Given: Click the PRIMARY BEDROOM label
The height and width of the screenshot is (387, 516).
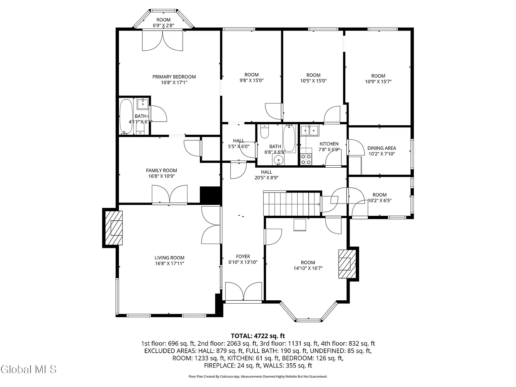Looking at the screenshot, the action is tap(174, 77).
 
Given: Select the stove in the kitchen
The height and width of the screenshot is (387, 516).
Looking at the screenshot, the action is tap(306, 159).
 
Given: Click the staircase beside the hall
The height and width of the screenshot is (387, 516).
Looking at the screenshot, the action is tap(292, 203).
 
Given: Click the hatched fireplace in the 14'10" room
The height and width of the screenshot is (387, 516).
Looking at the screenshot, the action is tap(347, 264).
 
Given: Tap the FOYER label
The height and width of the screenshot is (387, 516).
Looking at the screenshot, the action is tap(243, 257).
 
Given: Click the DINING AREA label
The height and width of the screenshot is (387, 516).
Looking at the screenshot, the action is tap(382, 148).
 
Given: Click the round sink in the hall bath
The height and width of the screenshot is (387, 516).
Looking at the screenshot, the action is tap(278, 160).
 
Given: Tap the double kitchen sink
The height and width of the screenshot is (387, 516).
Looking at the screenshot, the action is tap(310, 131).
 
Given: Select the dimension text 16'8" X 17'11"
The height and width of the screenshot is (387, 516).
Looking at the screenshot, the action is tap(169, 263).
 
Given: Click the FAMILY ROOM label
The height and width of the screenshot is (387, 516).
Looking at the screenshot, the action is tap(162, 170).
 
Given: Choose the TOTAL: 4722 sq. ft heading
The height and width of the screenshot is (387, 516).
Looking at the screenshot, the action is tap(258, 336).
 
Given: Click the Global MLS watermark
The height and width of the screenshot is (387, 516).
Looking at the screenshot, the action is tap(29, 369).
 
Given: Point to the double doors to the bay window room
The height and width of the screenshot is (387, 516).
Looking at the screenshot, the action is tap(163, 40).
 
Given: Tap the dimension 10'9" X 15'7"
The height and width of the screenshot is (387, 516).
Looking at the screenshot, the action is tap(378, 82).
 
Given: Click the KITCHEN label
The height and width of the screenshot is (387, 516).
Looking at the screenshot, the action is tap(329, 144).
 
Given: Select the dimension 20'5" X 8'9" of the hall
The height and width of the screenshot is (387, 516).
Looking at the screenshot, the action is tap(266, 178).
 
